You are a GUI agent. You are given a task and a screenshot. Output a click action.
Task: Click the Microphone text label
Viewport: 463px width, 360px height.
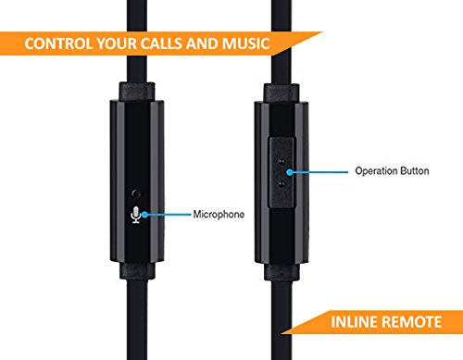pyautogui.click(x=219, y=215)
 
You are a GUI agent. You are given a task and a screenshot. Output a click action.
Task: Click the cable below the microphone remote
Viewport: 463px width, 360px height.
pyautogui.click(x=138, y=315)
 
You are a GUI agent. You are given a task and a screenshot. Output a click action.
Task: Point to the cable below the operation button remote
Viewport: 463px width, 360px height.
pyautogui.click(x=282, y=315)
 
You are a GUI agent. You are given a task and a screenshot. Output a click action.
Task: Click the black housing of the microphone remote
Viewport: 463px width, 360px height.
pyautogui.click(x=138, y=148)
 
